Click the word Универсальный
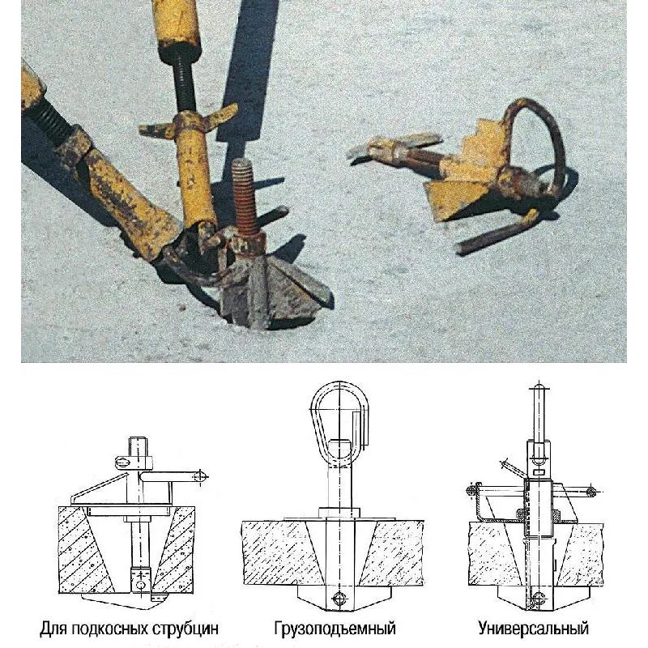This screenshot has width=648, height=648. (534, 629)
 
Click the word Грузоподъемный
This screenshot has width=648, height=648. (335, 629)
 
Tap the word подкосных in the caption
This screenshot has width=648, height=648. (110, 629)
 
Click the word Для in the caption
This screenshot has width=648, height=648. (54, 629)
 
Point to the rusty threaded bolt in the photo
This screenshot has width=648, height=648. (245, 198)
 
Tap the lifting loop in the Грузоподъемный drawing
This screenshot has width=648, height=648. (339, 417)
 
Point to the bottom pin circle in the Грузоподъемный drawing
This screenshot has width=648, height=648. (339, 599)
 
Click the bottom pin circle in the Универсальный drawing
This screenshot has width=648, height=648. (538, 598)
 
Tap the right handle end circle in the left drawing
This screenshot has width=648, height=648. (199, 476)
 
